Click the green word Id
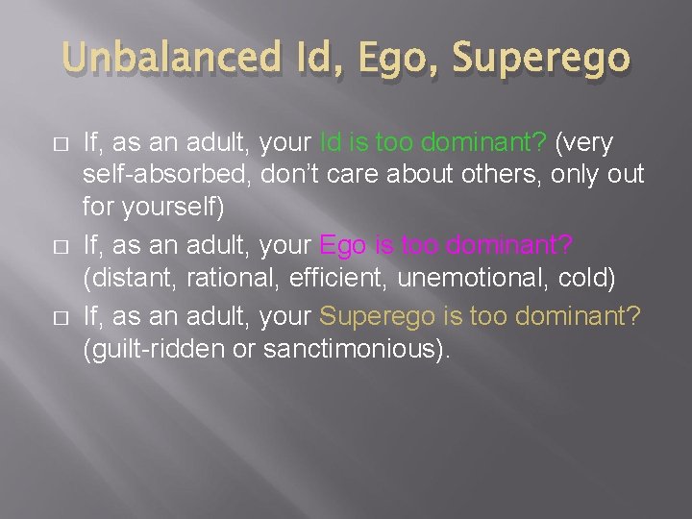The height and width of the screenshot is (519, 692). [330, 143]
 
